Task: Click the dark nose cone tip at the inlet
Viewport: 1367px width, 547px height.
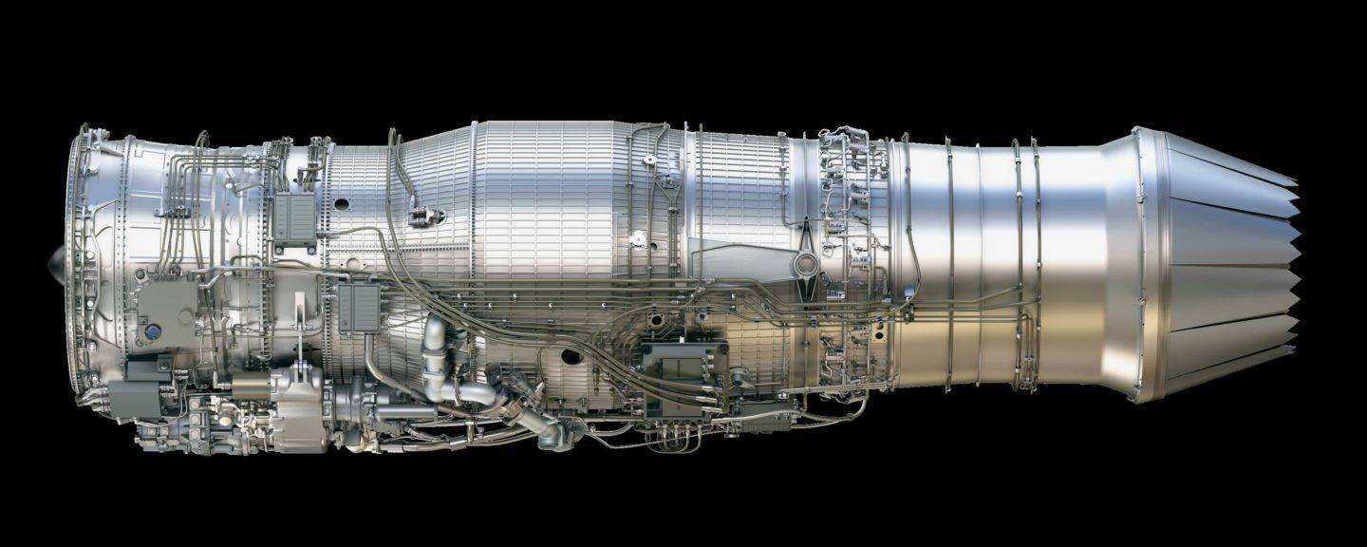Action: [55, 258]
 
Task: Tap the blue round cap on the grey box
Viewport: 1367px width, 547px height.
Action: [149, 332]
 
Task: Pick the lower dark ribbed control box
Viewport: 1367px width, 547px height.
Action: [358, 308]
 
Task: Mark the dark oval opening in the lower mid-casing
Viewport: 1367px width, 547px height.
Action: [569, 358]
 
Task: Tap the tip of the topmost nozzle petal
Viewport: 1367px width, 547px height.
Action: [1295, 182]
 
